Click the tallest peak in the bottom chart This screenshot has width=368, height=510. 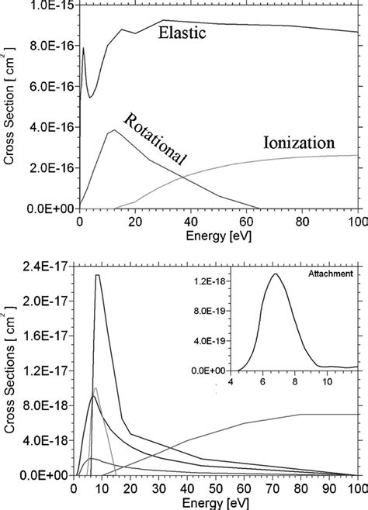[97, 275]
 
